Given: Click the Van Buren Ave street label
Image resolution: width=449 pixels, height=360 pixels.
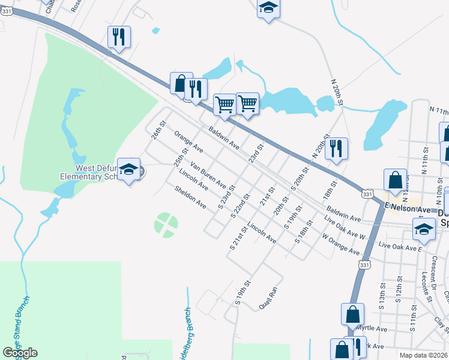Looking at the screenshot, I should pyautogui.click(x=208, y=174).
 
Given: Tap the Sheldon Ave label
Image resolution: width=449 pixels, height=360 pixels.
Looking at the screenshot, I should pyautogui.click(x=190, y=197).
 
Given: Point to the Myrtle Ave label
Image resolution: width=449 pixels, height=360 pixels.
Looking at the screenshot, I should pyautogui.click(x=372, y=328).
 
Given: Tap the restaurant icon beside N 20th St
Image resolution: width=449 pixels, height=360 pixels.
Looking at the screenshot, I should pyautogui.click(x=337, y=148).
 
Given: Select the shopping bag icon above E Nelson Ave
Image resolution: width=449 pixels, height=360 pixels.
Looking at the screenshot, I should pyautogui.click(x=396, y=179).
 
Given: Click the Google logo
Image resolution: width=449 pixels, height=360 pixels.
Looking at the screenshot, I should pyautogui.click(x=20, y=353).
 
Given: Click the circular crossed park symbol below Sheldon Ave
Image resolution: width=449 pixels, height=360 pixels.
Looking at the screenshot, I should pyautogui.click(x=166, y=224).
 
